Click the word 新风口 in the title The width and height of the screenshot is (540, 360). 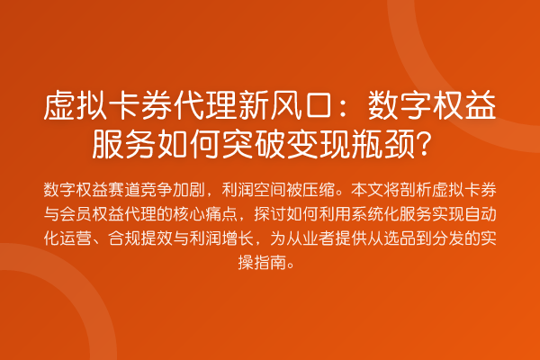point(286,105)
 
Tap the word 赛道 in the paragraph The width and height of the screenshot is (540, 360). point(124,190)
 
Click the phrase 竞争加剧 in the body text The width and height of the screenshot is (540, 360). point(173,190)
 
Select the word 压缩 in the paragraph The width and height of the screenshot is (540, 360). point(319,190)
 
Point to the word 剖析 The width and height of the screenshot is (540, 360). point(416,190)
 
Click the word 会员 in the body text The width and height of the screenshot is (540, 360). point(76,214)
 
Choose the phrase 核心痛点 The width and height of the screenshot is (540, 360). point(205,214)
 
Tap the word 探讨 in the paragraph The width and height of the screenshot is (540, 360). point(270,214)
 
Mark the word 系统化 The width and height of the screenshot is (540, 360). point(375,214)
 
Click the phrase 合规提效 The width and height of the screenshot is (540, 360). point(140,238)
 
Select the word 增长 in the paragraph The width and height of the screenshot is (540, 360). point(238,238)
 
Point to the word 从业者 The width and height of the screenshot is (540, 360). point(310,238)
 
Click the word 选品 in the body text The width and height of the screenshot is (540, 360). point(400,238)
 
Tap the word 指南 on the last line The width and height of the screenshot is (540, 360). point(270,263)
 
